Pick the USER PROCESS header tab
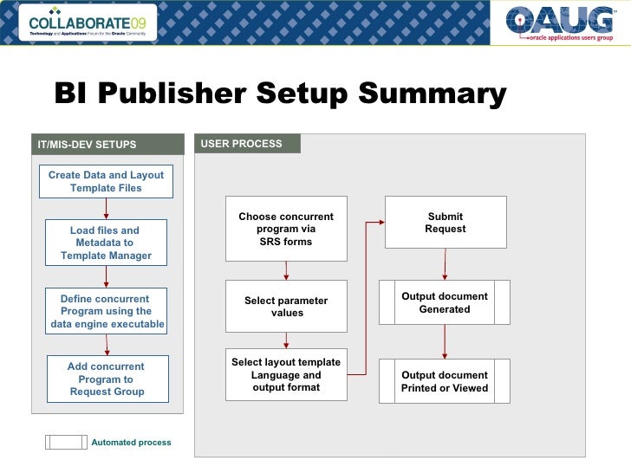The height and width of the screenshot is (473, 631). [242, 144]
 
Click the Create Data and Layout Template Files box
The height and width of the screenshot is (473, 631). [106, 182]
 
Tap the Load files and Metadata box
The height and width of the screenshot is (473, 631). [106, 243]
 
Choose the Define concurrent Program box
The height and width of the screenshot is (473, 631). [106, 312]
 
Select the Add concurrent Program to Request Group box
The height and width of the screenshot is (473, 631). [106, 379]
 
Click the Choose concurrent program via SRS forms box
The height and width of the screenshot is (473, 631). [286, 229]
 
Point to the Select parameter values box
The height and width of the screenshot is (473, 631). [286, 307]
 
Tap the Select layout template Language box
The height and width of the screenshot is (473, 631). [286, 375]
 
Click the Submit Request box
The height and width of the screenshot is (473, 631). [446, 223]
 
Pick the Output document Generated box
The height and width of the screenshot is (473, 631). [445, 303]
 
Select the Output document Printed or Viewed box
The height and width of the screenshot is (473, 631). [445, 381]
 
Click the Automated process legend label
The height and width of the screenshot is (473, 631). [131, 443]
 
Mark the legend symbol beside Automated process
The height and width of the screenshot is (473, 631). [66, 442]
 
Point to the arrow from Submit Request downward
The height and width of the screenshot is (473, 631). [446, 264]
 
